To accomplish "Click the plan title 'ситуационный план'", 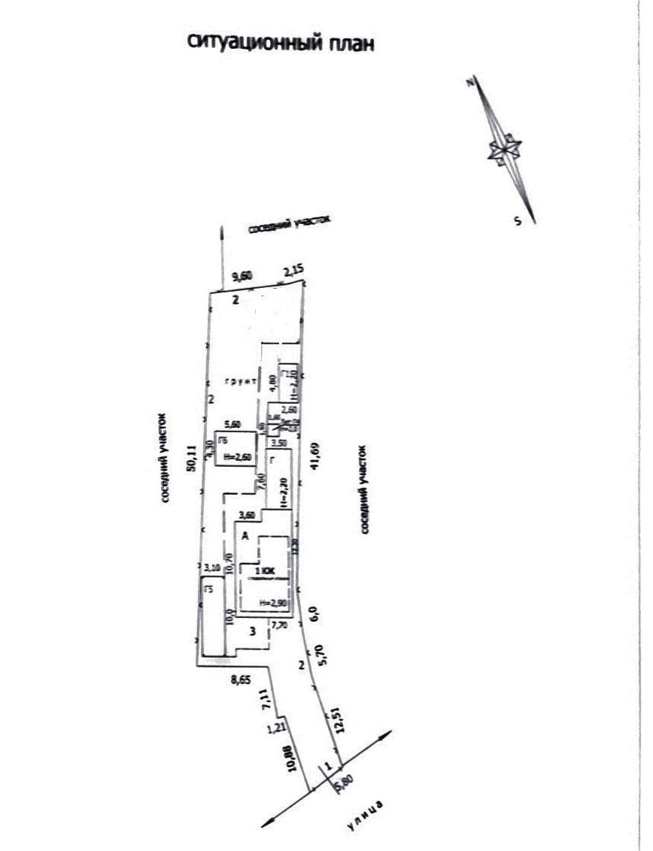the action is (280, 43).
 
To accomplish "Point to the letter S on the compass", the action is (518, 220).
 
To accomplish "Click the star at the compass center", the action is (504, 149).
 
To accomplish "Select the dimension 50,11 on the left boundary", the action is (192, 459).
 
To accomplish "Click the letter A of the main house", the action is (245, 535).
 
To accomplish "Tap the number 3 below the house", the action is (254, 631).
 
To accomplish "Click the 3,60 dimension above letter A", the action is (246, 515).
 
